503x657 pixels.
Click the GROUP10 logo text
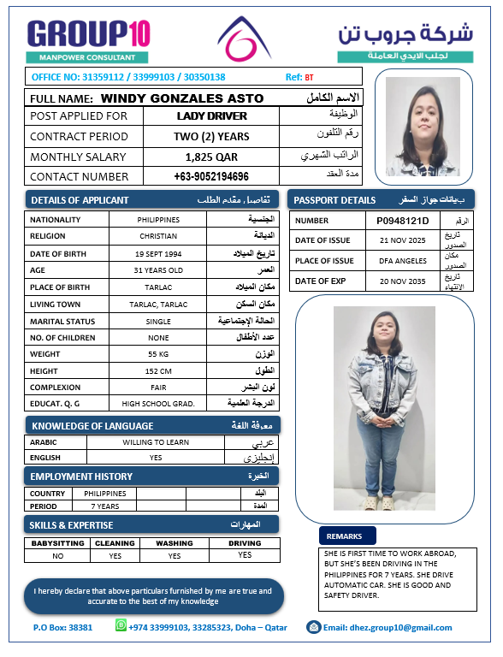point(89,34)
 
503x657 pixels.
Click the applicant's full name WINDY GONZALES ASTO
point(182,98)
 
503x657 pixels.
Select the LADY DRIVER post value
point(212,116)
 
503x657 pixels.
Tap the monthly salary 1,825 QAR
point(211,157)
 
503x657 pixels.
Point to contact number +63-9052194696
point(211,177)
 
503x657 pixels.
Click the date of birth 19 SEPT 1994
point(158,254)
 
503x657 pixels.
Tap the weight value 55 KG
point(158,353)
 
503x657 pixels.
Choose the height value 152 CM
point(158,370)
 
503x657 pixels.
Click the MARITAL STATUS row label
point(59,321)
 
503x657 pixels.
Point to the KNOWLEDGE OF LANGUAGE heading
point(92,426)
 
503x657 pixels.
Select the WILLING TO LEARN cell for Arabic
point(156,442)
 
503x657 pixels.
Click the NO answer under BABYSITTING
point(58,556)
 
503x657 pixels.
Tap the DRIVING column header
point(246,543)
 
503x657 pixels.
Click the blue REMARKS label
point(347,536)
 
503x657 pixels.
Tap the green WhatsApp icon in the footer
point(121,626)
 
